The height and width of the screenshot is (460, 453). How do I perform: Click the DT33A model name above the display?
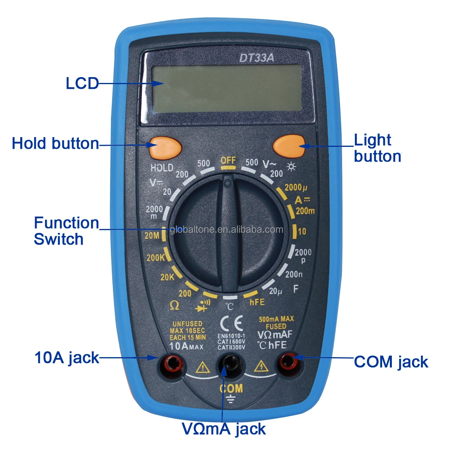click(256, 58)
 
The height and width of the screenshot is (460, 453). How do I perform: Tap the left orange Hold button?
click(166, 148)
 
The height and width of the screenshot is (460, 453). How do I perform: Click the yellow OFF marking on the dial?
click(228, 160)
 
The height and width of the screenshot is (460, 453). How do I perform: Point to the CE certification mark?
click(231, 323)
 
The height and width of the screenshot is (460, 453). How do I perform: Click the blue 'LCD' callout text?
click(82, 84)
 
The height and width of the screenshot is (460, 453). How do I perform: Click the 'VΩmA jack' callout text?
click(224, 429)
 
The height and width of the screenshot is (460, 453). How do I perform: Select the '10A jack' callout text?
click(67, 358)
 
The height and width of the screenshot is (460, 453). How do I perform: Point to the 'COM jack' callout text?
click(391, 362)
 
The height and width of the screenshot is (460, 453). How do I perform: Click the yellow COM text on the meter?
click(231, 388)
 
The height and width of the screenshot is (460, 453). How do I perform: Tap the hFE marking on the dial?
click(257, 302)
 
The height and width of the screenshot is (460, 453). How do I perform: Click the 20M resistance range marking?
click(152, 236)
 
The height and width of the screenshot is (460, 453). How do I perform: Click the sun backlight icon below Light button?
click(291, 167)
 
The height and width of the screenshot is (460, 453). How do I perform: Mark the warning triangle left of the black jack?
click(203, 367)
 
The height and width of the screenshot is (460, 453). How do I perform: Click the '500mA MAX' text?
click(276, 319)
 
